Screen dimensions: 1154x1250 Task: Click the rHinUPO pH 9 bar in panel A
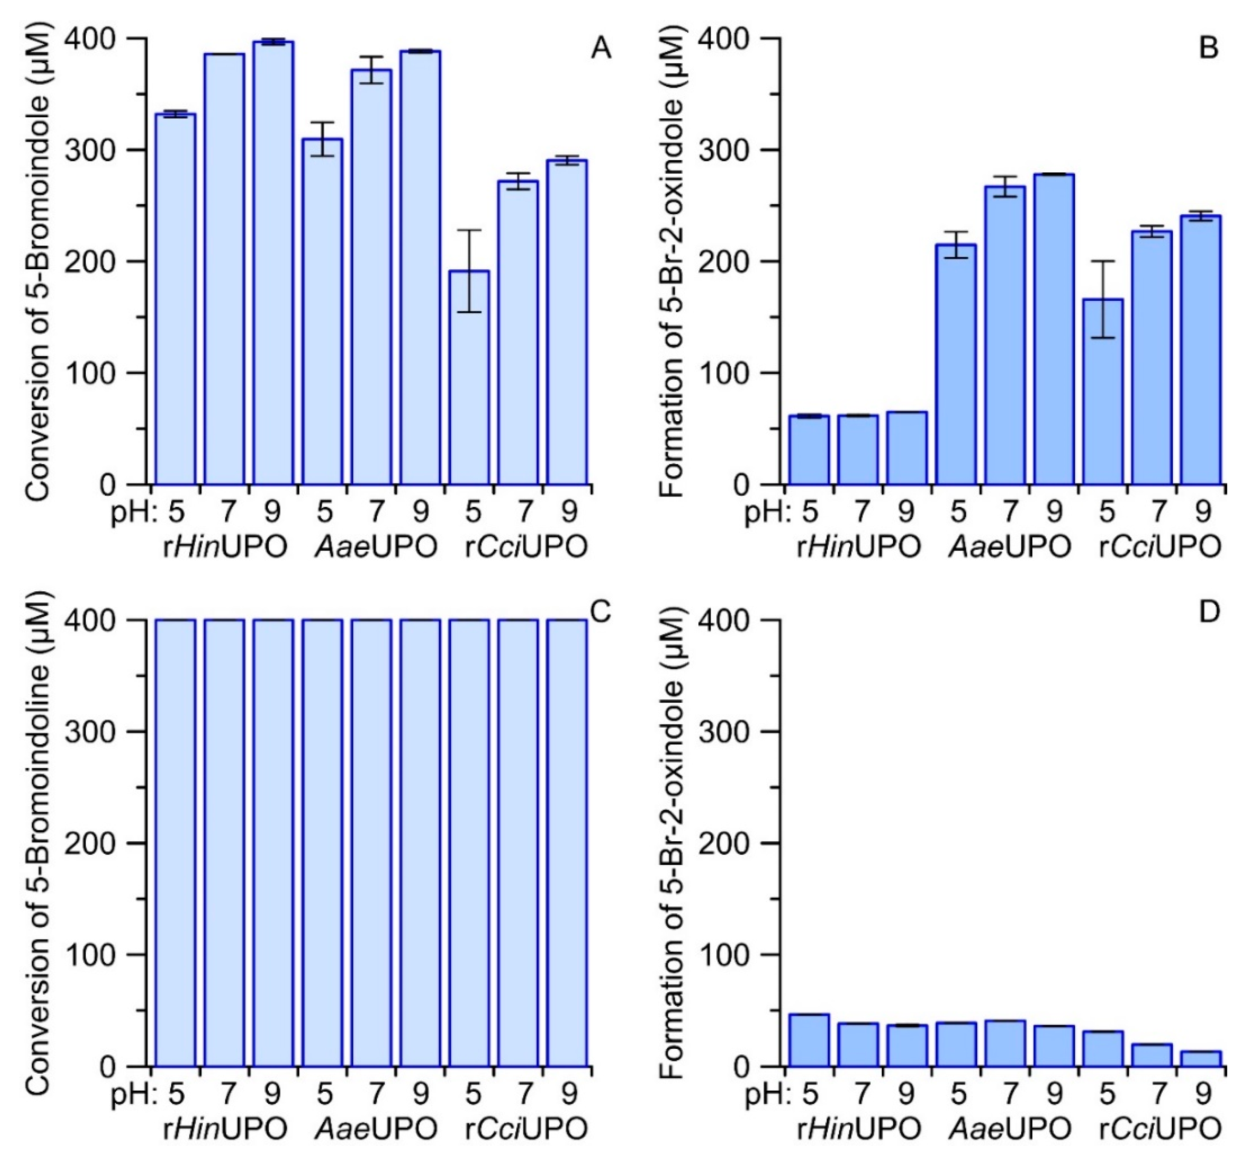click(273, 262)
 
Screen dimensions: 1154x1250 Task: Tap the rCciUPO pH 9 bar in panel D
click(1200, 1058)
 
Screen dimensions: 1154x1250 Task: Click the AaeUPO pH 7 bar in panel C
click(371, 843)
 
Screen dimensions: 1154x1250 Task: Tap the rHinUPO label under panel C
click(225, 1129)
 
